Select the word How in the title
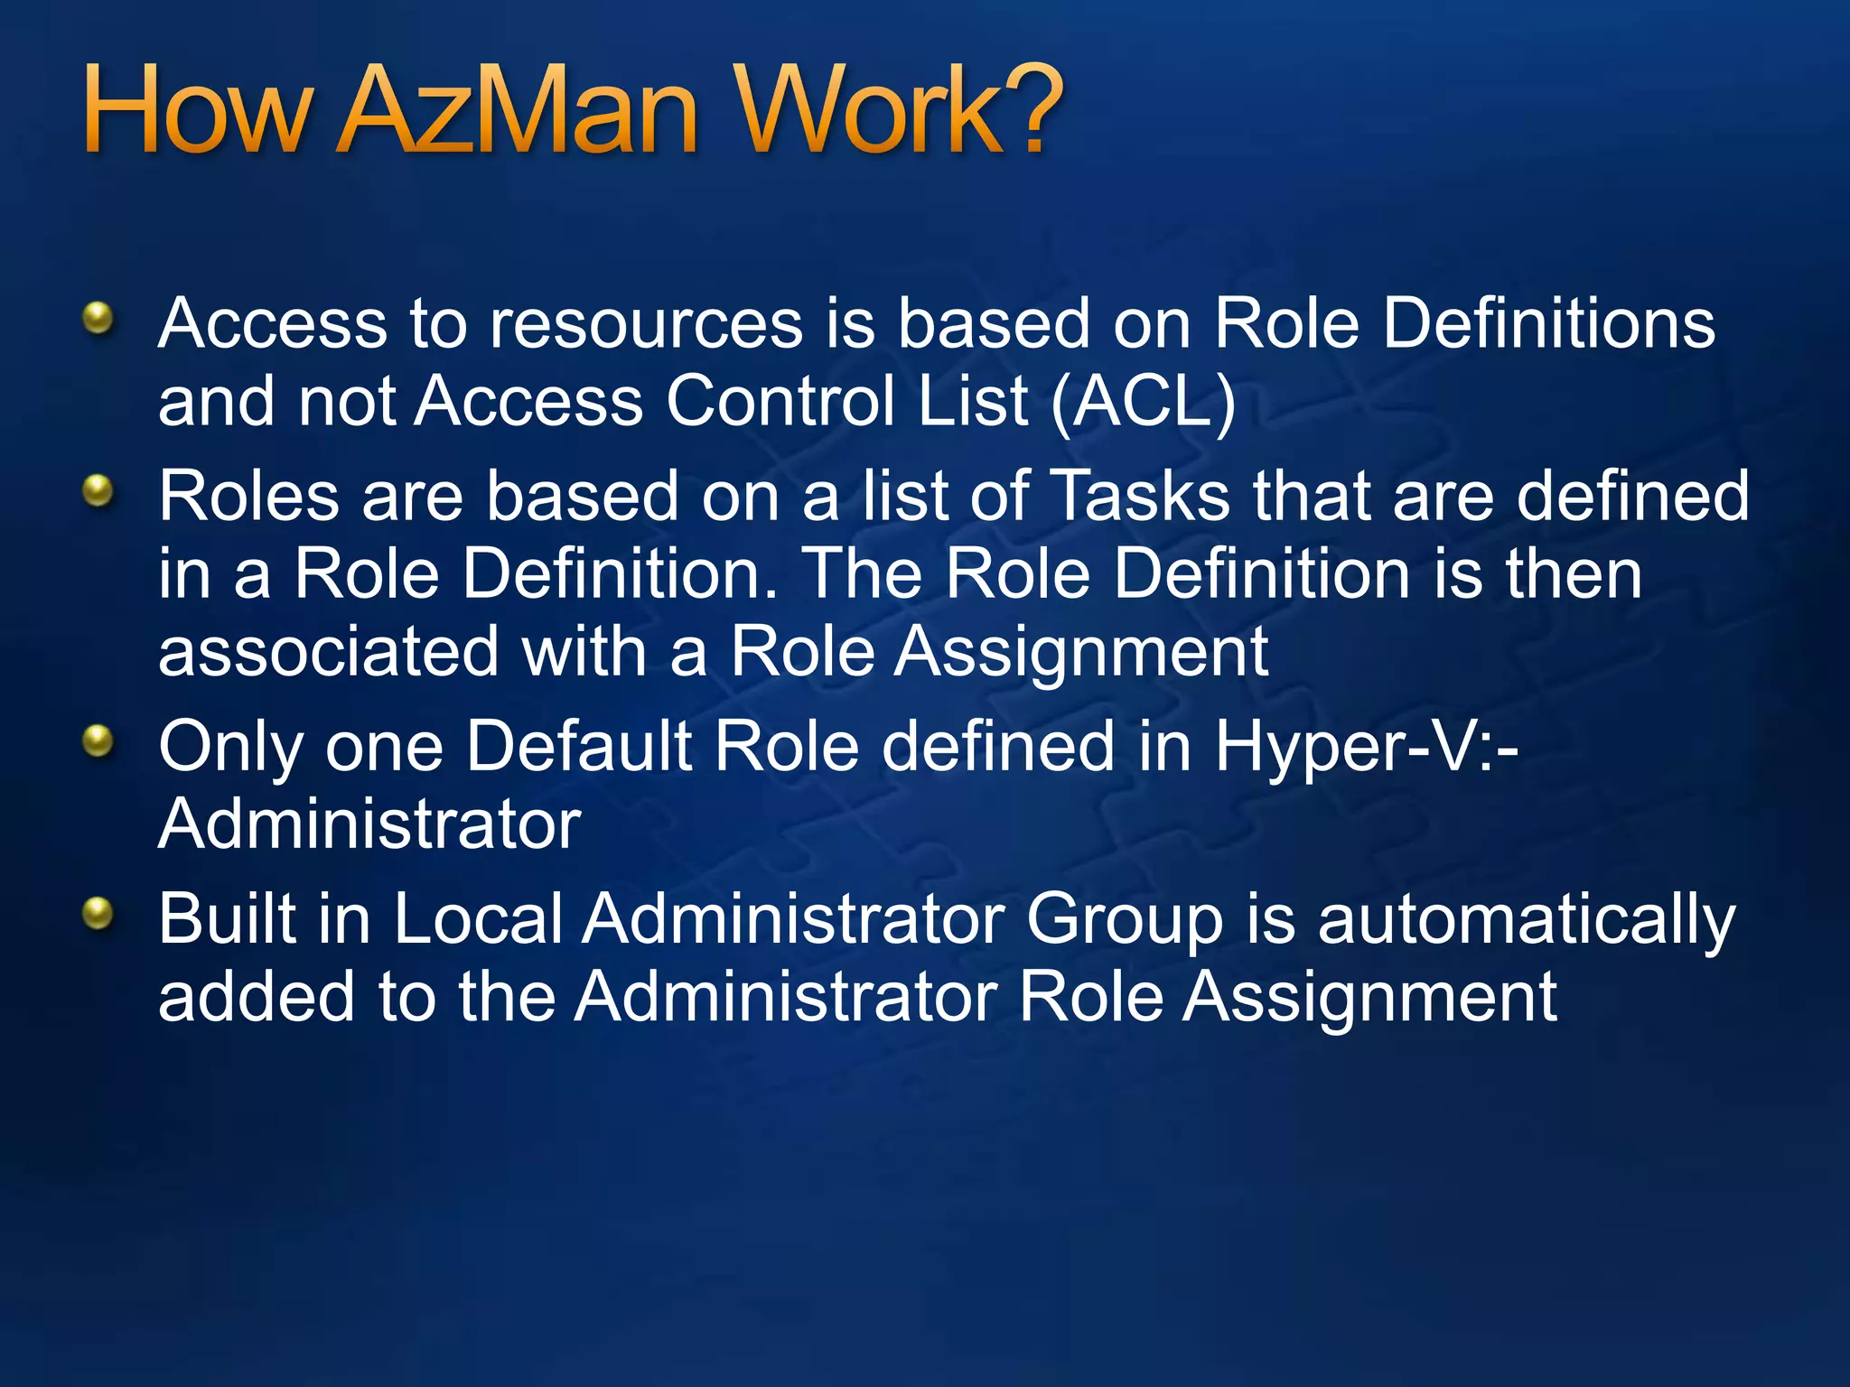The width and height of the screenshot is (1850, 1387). point(197,110)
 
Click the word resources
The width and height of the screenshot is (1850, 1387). point(646,323)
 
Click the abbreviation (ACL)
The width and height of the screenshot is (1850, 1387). point(1144,401)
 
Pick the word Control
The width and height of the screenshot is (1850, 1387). point(781,401)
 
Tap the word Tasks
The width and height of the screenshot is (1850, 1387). point(1142,496)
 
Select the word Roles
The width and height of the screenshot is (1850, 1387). point(248,496)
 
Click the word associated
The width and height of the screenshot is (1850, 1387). point(328,651)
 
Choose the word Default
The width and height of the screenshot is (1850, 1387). point(579,747)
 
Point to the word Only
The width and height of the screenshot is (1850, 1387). point(229,747)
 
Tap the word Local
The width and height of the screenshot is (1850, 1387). point(478,919)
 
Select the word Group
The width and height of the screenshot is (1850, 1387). point(1124,919)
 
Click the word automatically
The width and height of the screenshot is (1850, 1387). point(1526,919)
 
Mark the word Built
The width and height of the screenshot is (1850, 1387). point(227,919)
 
